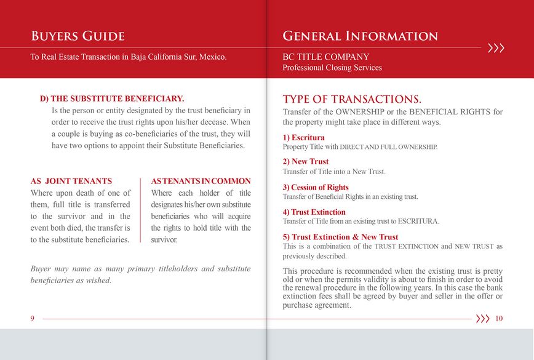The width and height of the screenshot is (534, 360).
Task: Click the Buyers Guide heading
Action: [78, 36]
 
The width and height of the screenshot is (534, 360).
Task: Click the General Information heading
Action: [360, 36]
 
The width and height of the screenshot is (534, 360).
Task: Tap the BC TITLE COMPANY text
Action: [325, 57]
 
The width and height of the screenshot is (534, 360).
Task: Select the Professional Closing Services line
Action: [332, 68]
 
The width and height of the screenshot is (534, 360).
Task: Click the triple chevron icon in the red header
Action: [495, 47]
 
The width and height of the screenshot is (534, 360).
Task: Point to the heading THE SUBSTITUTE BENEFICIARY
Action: [112, 98]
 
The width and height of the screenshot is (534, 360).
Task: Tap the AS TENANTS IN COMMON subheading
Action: [201, 182]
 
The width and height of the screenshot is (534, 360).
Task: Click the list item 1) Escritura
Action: [303, 138]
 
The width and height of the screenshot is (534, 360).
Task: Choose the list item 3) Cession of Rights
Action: [316, 188]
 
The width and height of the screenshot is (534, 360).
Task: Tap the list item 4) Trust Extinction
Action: [314, 212]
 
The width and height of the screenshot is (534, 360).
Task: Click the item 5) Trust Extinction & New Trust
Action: [340, 237]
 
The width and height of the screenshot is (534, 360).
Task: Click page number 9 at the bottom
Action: [32, 319]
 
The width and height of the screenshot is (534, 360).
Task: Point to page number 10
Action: [498, 319]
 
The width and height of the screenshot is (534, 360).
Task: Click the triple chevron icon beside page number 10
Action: [483, 319]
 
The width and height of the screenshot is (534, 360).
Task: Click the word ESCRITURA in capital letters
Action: [418, 221]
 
